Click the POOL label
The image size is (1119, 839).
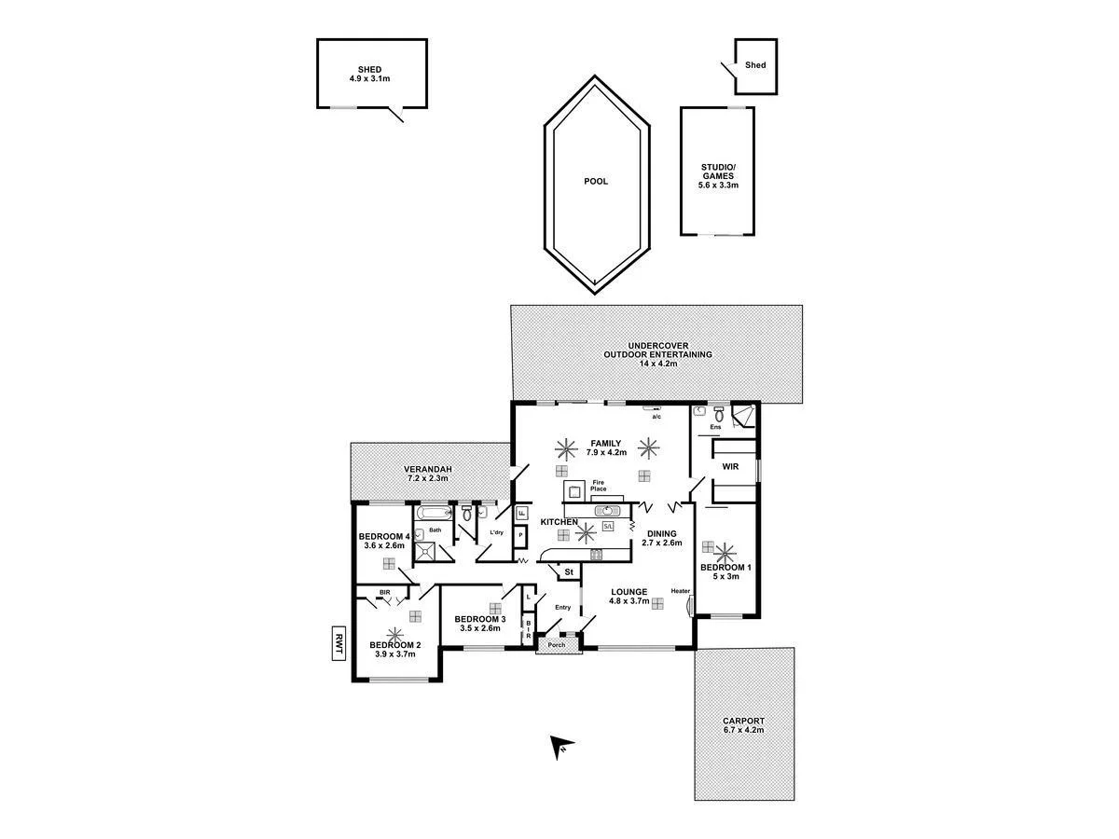click(595, 181)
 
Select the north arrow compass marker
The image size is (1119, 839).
click(561, 746)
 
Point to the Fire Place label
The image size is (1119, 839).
click(598, 486)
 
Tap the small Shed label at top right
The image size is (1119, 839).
click(755, 65)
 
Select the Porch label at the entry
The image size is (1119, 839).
click(557, 645)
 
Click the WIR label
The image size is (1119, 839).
click(730, 466)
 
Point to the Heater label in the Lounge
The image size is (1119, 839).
click(680, 591)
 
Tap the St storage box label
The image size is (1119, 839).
click(568, 571)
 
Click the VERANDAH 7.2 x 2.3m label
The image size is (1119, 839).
click(428, 474)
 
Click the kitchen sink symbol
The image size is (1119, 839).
click(610, 510)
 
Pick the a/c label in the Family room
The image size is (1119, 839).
click(656, 417)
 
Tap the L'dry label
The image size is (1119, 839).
click(497, 532)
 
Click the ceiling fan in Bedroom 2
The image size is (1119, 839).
click(394, 636)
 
